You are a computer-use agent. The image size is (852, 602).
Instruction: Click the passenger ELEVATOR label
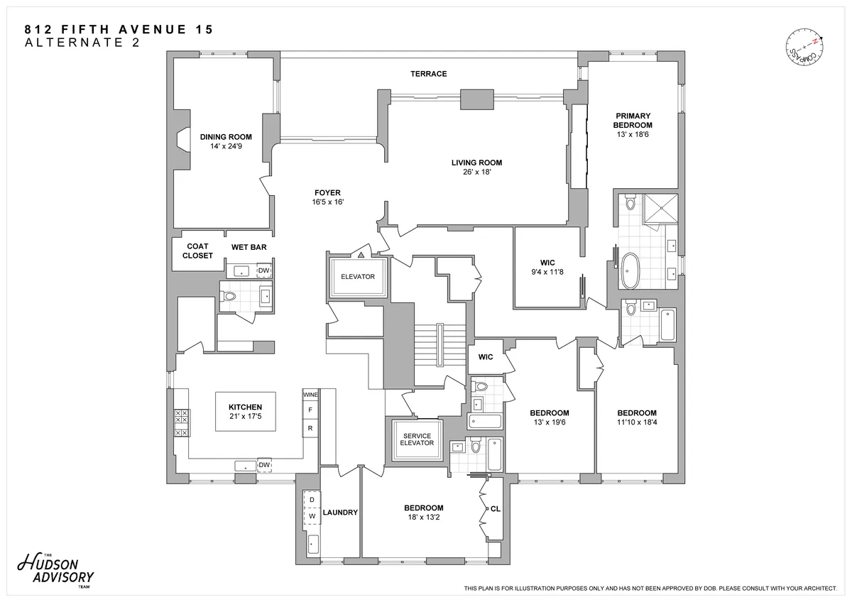357,277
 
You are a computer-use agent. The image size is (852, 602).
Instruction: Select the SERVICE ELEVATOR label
417,439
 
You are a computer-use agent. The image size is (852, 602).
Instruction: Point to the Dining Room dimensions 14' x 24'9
226,146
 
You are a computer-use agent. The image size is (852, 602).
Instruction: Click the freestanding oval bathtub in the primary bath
630,272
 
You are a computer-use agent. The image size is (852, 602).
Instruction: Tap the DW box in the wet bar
263,270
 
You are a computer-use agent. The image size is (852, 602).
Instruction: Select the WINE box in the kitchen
310,394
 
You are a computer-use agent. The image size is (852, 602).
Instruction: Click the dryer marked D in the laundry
311,500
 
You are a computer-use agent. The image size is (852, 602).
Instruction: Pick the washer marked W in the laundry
311,516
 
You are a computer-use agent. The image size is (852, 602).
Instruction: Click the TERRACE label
428,74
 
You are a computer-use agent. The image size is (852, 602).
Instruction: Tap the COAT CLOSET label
197,251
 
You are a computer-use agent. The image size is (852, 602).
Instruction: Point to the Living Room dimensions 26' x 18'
476,172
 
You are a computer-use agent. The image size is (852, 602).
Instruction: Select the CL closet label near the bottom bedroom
495,509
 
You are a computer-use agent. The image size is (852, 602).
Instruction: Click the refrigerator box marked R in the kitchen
310,428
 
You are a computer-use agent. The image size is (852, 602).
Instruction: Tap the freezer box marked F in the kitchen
310,410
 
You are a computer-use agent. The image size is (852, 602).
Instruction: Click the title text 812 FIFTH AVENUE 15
119,29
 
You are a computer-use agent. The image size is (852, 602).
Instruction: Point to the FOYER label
328,192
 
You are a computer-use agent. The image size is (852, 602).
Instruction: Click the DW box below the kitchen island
263,466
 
